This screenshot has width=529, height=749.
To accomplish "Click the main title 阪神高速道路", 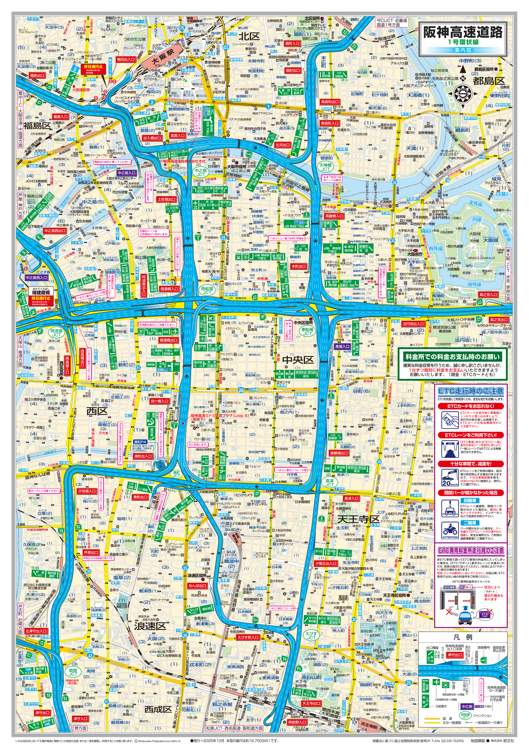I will coord(463,32).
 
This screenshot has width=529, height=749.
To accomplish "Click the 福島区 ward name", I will coord(37,125).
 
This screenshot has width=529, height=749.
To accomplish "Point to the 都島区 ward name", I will coord(488,80).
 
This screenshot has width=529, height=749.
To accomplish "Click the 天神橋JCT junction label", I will coord(325,167).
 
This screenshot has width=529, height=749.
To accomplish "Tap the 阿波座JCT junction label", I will coord(56,332).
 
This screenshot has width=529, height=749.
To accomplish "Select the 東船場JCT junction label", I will coord(307,331).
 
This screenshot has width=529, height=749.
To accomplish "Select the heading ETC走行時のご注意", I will coord(471,391).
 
